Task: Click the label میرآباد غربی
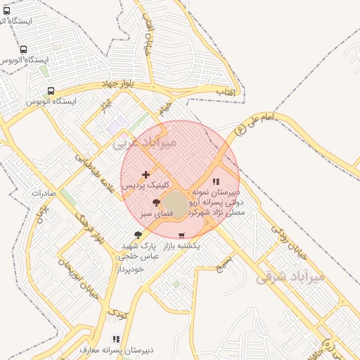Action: coord(145,143)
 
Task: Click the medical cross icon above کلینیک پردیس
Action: coord(146,174)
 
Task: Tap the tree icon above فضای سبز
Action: coord(155,202)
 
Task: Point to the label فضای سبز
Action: coord(150,213)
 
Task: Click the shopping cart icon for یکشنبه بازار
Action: coord(182,236)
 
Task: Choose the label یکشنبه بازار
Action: coord(181,247)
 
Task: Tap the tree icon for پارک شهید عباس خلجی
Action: coord(138,235)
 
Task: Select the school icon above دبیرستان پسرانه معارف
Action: coord(116,339)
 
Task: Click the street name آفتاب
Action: coord(224,92)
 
